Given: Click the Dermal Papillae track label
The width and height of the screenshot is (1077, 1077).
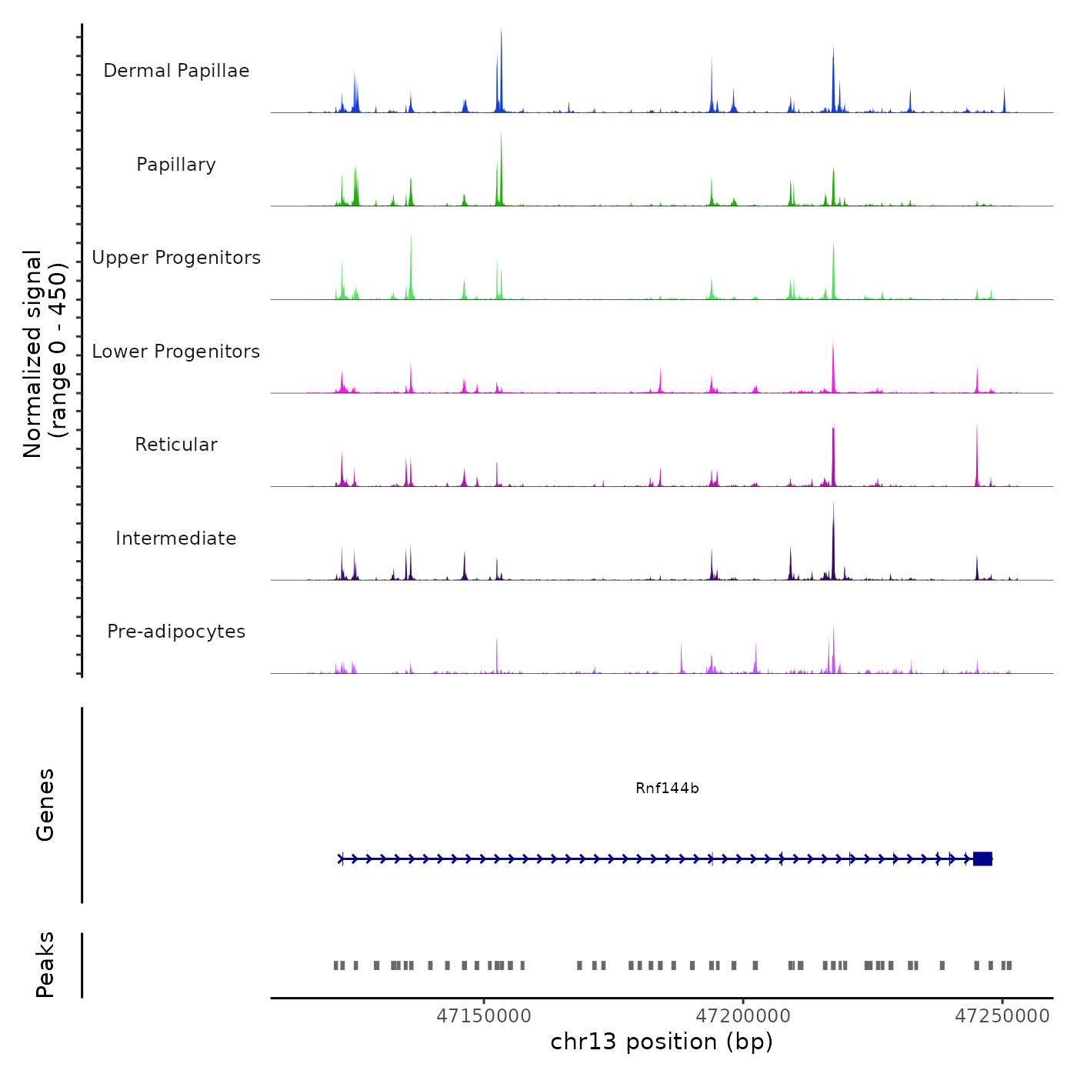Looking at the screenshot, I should pyautogui.click(x=176, y=71).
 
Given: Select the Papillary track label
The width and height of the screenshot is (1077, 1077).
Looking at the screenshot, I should pyautogui.click(x=176, y=165).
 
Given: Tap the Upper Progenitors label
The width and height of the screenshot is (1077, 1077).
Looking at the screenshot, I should pyautogui.click(x=176, y=258).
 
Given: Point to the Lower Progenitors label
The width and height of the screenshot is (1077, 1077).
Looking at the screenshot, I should pyautogui.click(x=176, y=352).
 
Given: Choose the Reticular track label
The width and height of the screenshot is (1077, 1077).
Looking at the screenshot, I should pyautogui.click(x=176, y=445).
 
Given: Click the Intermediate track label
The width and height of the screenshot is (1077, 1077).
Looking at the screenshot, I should pyautogui.click(x=176, y=538).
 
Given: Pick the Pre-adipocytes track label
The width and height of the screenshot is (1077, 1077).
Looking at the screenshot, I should pyautogui.click(x=176, y=632).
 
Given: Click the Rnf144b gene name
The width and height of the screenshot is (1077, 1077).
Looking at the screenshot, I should pyautogui.click(x=667, y=789).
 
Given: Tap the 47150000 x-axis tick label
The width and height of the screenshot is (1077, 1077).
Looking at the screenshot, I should pyautogui.click(x=484, y=1016).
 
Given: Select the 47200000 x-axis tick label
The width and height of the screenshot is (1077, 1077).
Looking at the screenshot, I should pyautogui.click(x=743, y=1016).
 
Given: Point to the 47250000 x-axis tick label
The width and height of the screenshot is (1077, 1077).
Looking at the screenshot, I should pyautogui.click(x=1002, y=1016).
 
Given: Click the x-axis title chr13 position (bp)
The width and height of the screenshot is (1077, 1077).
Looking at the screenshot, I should pyautogui.click(x=662, y=1042).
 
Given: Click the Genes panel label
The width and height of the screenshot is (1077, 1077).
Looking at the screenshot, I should pyautogui.click(x=45, y=805).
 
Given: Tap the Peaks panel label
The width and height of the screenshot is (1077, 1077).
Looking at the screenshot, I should pyautogui.click(x=45, y=965).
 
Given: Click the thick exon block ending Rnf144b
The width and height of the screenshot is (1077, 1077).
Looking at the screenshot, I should pyautogui.click(x=982, y=859).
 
